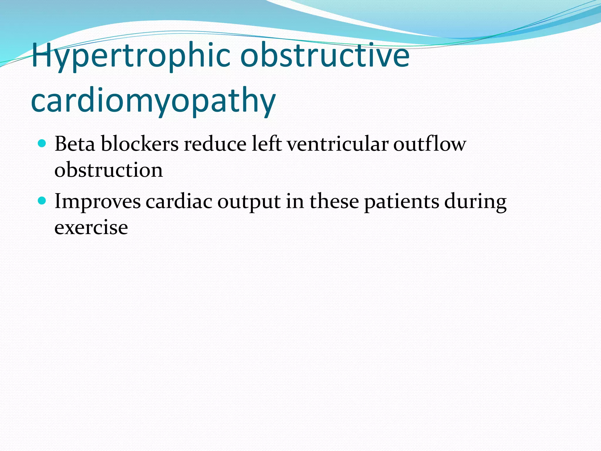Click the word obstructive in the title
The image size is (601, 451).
click(325, 55)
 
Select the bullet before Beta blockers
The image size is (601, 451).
click(43, 144)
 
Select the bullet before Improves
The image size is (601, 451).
click(43, 201)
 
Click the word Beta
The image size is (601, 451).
click(75, 144)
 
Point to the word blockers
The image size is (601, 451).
click(140, 144)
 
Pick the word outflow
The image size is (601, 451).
click(429, 144)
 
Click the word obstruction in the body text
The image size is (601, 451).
click(109, 170)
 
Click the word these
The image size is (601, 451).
click(334, 201)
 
